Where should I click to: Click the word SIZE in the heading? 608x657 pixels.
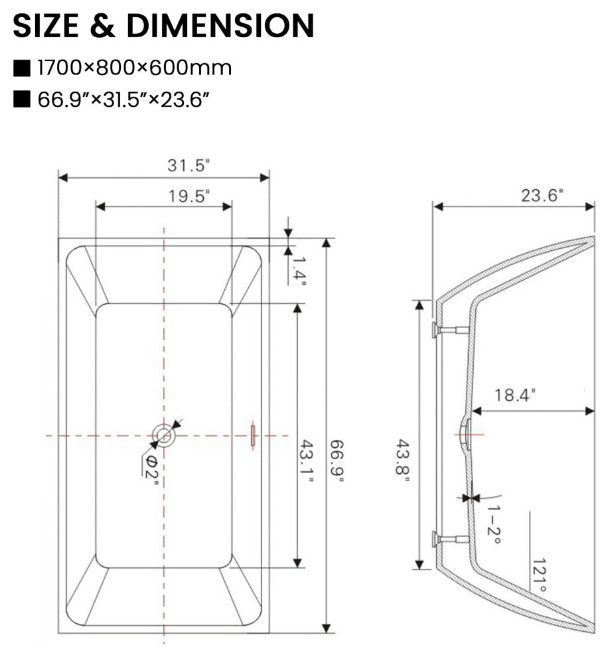46,26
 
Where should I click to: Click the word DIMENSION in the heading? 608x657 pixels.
220,26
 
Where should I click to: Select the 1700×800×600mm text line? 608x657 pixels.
135,68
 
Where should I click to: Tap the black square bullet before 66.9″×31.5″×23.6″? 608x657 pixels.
21,100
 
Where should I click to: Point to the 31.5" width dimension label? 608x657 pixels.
188,165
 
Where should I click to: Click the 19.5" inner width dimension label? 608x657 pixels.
189,196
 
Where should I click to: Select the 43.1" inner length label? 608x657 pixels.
307,461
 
